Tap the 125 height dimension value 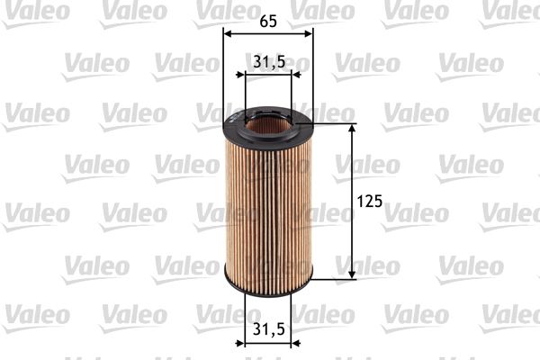click(x=370, y=201)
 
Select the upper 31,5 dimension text click(x=267, y=61)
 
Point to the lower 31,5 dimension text click(x=267, y=329)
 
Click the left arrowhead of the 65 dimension click(x=227, y=33)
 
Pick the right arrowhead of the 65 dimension click(x=309, y=33)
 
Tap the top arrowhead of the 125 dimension click(x=351, y=130)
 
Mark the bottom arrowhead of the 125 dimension click(x=351, y=272)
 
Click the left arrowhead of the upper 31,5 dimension click(x=249, y=76)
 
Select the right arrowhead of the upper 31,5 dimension click(x=287, y=76)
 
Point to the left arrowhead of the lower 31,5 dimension click(x=249, y=343)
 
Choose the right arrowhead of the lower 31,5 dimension click(x=287, y=343)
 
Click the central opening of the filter click(x=268, y=122)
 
